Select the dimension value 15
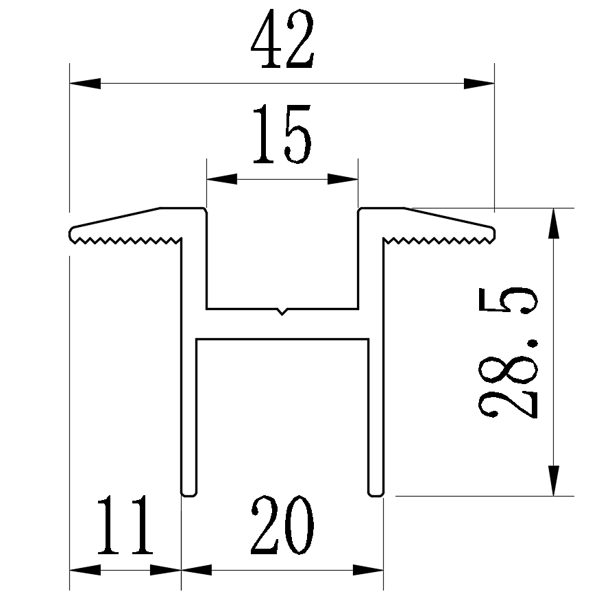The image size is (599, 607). point(282,135)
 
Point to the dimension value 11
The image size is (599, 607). point(124,526)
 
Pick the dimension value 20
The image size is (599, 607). point(282,526)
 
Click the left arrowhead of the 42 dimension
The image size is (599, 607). point(85,84)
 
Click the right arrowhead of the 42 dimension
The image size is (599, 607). point(478,84)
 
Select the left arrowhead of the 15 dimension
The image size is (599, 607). point(222,180)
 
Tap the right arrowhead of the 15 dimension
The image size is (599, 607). point(343,180)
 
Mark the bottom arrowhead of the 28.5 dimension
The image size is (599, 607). point(554,479)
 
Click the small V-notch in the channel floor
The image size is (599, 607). point(282,312)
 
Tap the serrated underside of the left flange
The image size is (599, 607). point(127,240)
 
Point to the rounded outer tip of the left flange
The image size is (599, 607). point(71,233)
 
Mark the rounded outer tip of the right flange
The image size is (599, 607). point(493,233)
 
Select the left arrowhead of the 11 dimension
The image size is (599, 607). point(86,570)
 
